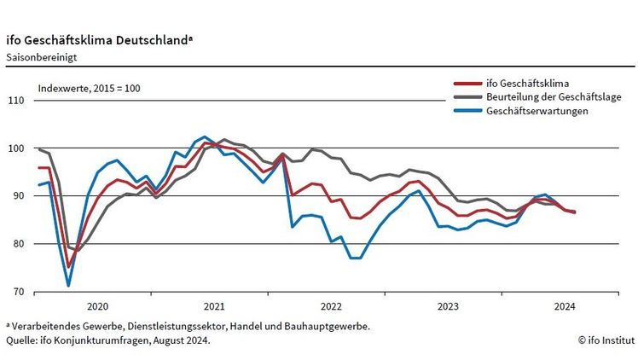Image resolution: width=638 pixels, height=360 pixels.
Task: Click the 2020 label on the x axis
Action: [97, 306]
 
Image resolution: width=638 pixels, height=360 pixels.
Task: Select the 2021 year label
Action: [213, 306]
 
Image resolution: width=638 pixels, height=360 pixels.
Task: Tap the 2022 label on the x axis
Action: [330, 306]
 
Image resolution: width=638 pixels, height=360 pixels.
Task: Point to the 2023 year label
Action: [447, 306]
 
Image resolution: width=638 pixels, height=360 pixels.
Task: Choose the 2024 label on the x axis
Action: [564, 306]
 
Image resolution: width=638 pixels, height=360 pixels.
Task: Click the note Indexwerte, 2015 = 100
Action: [89, 88]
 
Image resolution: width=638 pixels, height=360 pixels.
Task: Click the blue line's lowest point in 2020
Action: [68, 285]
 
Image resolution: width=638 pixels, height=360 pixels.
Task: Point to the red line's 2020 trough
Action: [69, 267]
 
